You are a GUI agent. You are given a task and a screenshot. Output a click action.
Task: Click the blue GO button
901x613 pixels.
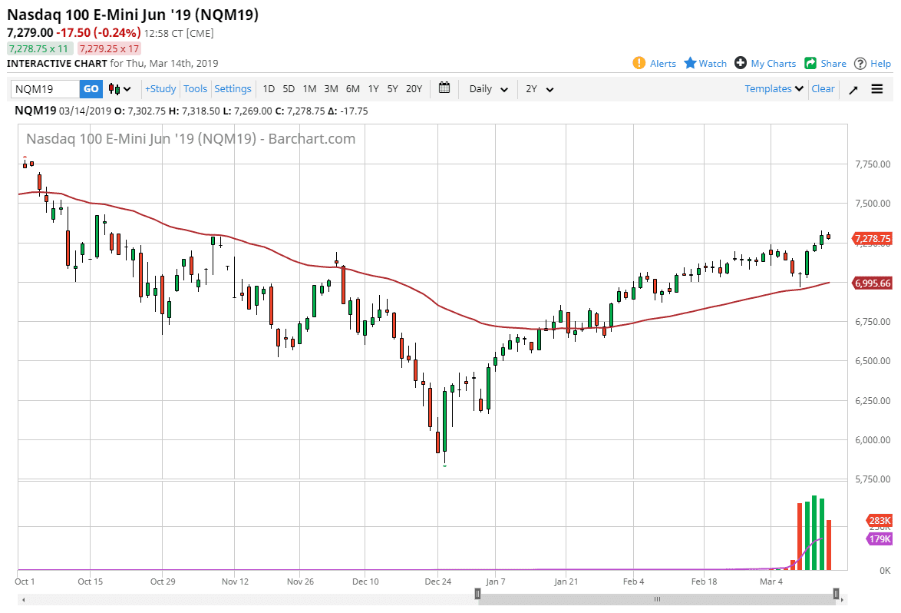(x=91, y=89)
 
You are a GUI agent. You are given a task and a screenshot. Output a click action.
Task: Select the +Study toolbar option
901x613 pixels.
(x=160, y=89)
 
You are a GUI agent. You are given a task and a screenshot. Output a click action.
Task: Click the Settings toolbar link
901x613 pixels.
(x=233, y=89)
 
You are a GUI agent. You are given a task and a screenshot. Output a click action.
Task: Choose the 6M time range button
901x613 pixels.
(x=352, y=89)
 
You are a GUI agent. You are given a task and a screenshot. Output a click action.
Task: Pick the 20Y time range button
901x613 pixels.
(x=414, y=89)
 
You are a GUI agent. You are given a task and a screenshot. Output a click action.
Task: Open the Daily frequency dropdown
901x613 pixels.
(x=488, y=89)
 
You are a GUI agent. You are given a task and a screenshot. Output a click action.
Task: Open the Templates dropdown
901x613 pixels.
(x=774, y=89)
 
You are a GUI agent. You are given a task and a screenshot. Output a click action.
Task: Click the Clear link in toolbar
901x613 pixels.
(x=823, y=89)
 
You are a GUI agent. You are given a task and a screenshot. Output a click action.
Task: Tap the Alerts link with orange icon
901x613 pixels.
(x=655, y=64)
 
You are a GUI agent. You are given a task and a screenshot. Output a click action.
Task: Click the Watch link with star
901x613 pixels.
(x=705, y=64)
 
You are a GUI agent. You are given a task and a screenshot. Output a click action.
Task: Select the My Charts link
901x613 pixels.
(x=765, y=64)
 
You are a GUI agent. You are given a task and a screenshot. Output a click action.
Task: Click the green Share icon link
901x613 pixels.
(x=825, y=64)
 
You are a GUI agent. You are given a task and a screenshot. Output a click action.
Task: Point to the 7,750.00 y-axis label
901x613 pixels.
(x=873, y=164)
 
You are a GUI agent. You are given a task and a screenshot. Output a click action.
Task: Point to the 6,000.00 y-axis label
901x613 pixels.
(x=873, y=440)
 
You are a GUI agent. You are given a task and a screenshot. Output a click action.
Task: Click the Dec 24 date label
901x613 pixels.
(x=437, y=582)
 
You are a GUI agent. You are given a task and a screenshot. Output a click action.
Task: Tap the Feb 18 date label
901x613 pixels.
(x=704, y=582)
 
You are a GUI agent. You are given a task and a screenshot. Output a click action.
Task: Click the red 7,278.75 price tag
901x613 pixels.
(x=873, y=239)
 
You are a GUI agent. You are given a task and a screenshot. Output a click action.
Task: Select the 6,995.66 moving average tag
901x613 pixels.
(x=873, y=283)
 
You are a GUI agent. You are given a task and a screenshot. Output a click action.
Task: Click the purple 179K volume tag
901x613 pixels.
(x=879, y=539)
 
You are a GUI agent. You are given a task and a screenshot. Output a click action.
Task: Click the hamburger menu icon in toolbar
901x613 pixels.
(x=877, y=89)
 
